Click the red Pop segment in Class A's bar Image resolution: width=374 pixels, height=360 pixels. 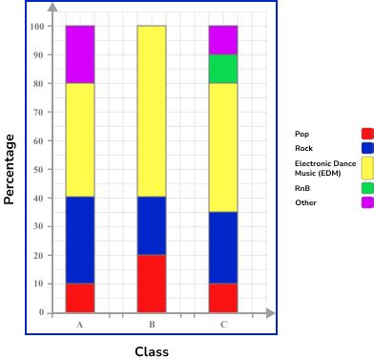pyautogui.click(x=80, y=298)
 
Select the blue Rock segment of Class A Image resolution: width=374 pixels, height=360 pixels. pyautogui.click(x=80, y=241)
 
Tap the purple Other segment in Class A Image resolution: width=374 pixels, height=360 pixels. pyautogui.click(x=80, y=54)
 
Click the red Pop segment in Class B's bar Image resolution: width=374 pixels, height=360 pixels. pyautogui.click(x=151, y=284)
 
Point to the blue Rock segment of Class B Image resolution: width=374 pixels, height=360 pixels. pyautogui.click(x=151, y=226)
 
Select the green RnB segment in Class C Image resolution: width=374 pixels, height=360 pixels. pyautogui.click(x=223, y=69)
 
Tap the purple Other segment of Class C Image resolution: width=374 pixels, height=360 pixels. pyautogui.click(x=223, y=40)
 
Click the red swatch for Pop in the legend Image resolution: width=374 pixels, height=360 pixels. pyautogui.click(x=367, y=134)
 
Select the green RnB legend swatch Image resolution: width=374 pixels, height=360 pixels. pyautogui.click(x=367, y=189)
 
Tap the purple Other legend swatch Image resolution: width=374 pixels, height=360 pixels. pyautogui.click(x=367, y=202)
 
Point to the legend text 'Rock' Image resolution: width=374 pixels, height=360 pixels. pyautogui.click(x=302, y=147)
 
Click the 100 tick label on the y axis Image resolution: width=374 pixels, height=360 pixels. pyautogui.click(x=38, y=27)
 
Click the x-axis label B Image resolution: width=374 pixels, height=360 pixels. pyautogui.click(x=151, y=325)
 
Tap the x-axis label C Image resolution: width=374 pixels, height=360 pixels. pyautogui.click(x=223, y=325)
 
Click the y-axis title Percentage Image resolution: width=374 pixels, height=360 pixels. pyautogui.click(x=10, y=168)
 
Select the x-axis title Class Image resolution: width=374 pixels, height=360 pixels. pyautogui.click(x=151, y=351)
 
